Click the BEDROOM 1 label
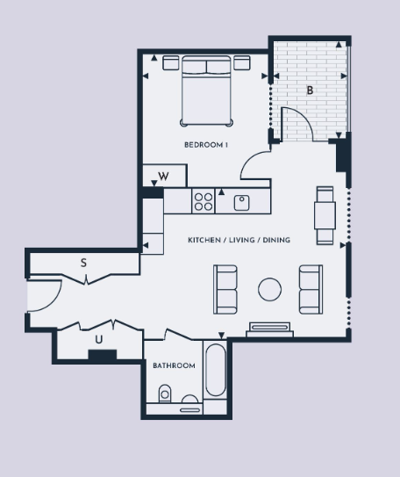coord(206,145)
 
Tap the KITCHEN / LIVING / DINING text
coord(239,240)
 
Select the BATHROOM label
coord(174,365)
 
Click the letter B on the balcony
coord(310,90)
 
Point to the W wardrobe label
coord(163,177)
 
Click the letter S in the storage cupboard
coord(83,263)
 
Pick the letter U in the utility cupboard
coord(99,339)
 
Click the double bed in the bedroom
coord(206,90)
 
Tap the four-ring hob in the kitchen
coord(204,201)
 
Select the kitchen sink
coord(242,203)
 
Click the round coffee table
coord(269,289)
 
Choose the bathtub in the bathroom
coord(216,370)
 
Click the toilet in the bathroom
coord(165,394)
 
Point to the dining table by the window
coord(325,215)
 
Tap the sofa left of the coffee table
coord(225,289)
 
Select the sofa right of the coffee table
coord(311,289)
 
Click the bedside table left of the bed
coord(171,62)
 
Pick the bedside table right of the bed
coord(242,62)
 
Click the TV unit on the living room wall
coord(269,330)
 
